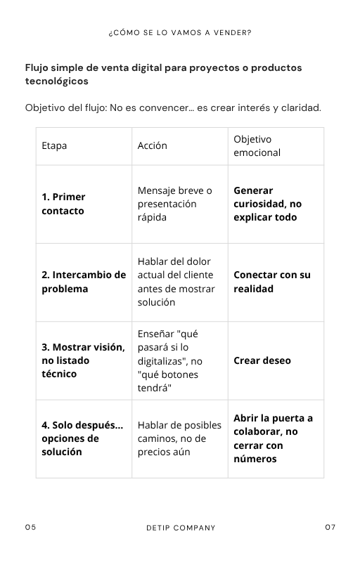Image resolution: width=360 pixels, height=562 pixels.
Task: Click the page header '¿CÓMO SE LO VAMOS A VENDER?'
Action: click(180, 32)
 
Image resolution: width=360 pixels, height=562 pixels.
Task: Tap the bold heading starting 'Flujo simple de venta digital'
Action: click(163, 74)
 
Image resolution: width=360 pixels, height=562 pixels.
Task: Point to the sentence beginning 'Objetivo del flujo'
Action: click(173, 107)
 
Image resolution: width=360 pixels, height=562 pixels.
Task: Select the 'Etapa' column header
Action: click(55, 146)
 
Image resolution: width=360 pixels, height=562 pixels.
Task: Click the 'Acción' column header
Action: click(153, 146)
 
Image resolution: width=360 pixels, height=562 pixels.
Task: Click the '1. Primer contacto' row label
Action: click(63, 204)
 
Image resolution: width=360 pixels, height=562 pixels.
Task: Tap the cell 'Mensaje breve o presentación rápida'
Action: click(174, 204)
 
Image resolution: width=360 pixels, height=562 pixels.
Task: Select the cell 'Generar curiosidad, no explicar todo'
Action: click(267, 204)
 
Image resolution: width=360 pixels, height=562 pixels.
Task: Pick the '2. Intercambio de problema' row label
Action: click(83, 282)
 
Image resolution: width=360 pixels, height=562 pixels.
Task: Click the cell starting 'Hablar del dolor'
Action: click(175, 282)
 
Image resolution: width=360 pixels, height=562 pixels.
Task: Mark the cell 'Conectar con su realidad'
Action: click(271, 282)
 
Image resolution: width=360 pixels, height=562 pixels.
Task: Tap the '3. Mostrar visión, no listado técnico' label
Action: click(82, 360)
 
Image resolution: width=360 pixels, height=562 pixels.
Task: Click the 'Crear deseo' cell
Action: click(262, 360)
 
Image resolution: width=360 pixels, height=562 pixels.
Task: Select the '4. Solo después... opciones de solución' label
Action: click(82, 438)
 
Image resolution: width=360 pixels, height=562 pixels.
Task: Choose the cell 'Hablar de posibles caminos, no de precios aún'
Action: click(179, 438)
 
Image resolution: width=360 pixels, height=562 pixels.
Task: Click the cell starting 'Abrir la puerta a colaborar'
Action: click(273, 438)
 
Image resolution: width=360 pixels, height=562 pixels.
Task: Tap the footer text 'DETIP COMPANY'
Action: click(181, 528)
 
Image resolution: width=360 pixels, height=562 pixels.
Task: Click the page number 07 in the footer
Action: click(330, 528)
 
